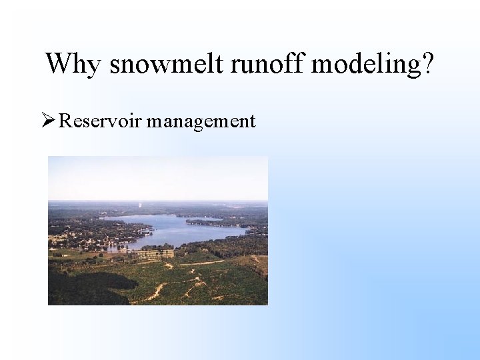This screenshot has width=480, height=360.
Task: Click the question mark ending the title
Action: (x=427, y=64)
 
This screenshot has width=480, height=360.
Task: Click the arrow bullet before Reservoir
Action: (x=47, y=121)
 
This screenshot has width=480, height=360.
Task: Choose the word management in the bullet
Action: (x=201, y=122)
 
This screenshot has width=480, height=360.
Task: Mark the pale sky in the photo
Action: (x=157, y=177)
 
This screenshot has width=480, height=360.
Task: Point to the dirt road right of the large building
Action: (x=200, y=263)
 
